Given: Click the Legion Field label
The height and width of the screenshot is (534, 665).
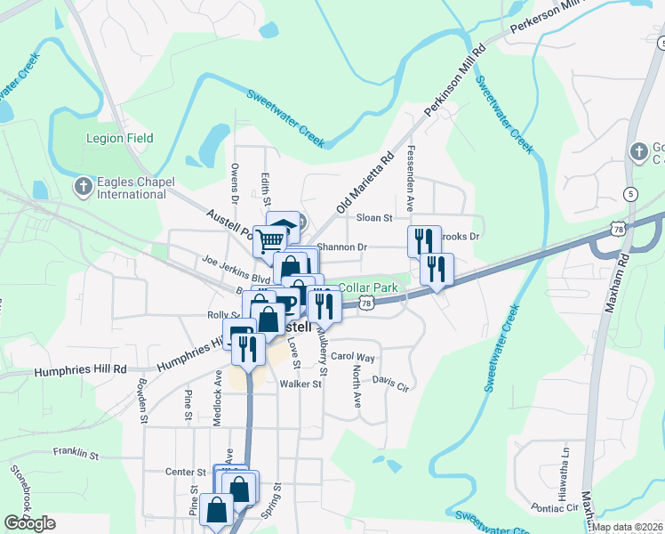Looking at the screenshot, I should pos(120,138).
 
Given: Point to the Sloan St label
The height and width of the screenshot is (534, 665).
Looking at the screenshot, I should pos(374,218).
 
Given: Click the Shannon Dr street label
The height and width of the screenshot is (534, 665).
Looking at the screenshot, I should pos(342,247).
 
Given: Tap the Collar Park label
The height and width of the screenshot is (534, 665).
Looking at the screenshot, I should pos(367,288).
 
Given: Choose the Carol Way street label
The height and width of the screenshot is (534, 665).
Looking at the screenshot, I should pos(353,357).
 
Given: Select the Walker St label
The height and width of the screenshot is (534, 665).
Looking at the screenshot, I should pos(300,384).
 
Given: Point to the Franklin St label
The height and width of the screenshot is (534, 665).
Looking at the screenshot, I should pos(76,454).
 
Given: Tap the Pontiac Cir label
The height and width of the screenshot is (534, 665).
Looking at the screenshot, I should pos(556,507).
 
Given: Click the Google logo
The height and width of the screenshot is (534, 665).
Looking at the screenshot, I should pos(30,523).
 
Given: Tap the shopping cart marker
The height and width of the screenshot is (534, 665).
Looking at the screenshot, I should pos(269,239).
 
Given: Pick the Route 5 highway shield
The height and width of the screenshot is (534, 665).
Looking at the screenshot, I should pos(631,194).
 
